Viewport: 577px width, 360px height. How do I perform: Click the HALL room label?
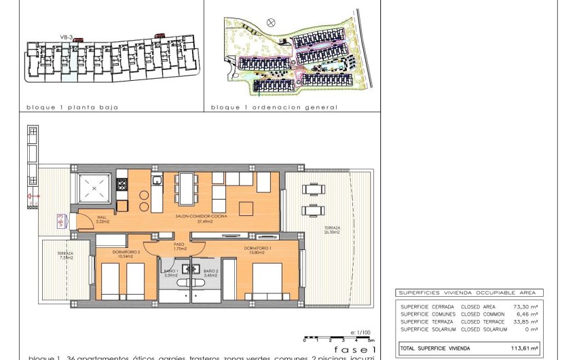103,217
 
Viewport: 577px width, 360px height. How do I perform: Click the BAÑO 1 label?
170,272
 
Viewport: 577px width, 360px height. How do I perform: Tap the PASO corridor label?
179,245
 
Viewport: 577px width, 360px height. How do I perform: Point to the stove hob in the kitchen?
123,184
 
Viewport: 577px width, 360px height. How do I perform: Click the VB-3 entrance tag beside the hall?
60,221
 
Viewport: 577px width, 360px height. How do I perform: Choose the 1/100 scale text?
362,332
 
